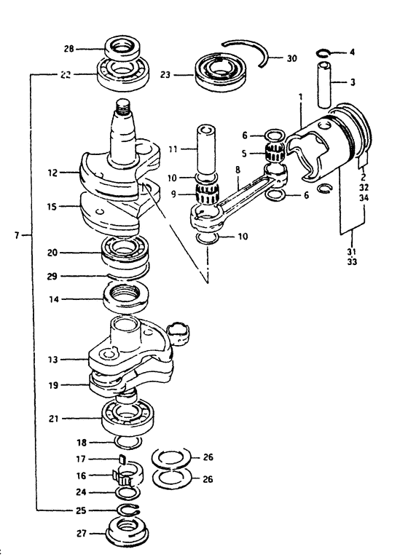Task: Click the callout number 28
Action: tap(69, 49)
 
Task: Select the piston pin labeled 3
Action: tap(324, 84)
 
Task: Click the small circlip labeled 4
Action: tap(323, 53)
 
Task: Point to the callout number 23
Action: tap(165, 75)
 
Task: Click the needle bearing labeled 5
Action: tap(275, 153)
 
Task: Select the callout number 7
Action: tap(17, 234)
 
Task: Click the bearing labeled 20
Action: tap(125, 251)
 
